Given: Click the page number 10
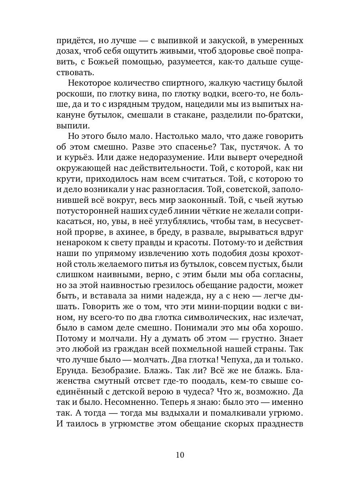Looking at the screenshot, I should tap(180, 455).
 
